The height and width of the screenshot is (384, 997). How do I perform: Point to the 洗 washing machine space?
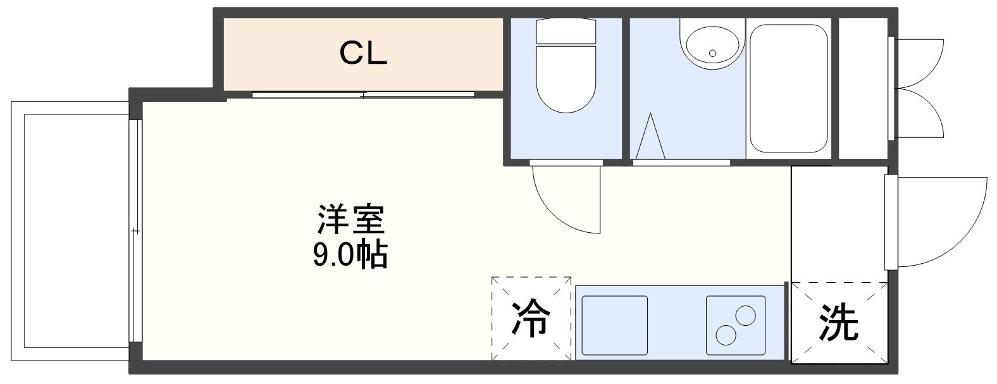[x=839, y=323]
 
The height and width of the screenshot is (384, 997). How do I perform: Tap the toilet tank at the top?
[x=566, y=31]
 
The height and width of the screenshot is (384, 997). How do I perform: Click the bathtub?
[x=788, y=88]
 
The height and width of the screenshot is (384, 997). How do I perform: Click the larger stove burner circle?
[x=745, y=315]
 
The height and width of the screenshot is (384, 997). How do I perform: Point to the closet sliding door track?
[x=363, y=95]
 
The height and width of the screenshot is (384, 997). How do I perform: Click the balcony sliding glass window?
[x=134, y=231]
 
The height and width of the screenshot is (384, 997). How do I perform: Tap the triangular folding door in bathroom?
[x=651, y=137]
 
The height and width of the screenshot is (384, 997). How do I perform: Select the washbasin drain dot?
[x=713, y=53]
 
